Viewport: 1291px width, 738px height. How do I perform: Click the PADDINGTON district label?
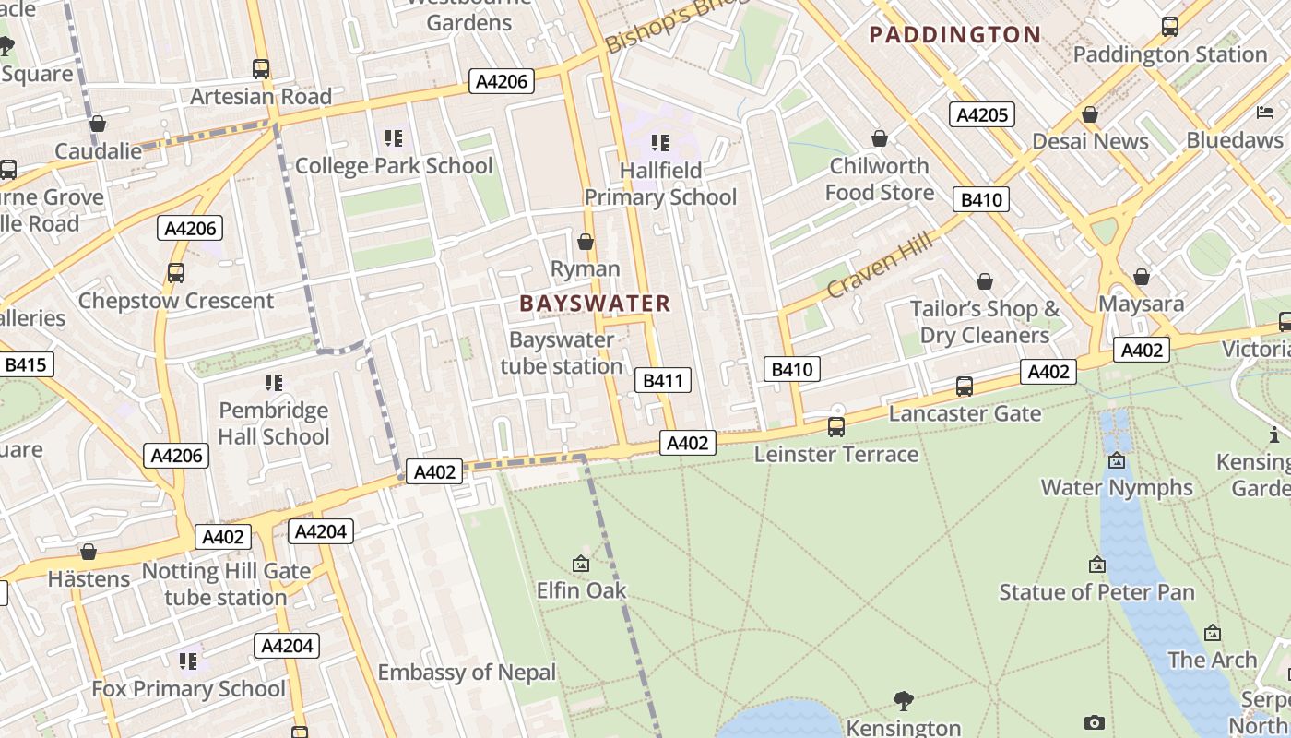[x=955, y=35]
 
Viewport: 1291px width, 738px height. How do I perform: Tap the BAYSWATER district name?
[x=595, y=304]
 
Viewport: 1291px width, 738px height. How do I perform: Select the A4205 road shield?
[x=982, y=114]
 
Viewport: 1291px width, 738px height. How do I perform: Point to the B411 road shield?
[x=662, y=380]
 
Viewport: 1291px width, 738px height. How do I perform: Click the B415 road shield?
[x=25, y=364]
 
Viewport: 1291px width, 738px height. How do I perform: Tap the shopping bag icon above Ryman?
[x=585, y=243]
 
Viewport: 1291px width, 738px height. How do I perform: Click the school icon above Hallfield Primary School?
[x=659, y=143]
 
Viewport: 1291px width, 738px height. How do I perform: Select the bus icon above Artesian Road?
[x=261, y=69]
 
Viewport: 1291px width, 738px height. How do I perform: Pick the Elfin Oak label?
[x=581, y=590]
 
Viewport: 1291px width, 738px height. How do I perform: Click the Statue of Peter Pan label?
[x=1096, y=592]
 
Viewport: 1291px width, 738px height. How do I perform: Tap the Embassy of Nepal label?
[x=467, y=673]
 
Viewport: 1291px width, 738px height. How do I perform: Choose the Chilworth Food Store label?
[x=879, y=179]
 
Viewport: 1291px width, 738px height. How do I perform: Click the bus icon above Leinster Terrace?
[x=836, y=427]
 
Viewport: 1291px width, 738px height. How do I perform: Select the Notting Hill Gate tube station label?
[x=226, y=584]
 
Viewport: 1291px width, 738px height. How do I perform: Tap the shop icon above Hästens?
[x=89, y=553]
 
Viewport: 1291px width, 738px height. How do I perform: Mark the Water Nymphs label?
[x=1117, y=487]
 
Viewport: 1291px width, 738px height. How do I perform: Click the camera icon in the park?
[x=1094, y=722]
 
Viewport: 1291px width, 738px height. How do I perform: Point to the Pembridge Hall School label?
[x=274, y=423]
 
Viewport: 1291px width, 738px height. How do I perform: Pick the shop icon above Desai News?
[x=1090, y=115]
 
